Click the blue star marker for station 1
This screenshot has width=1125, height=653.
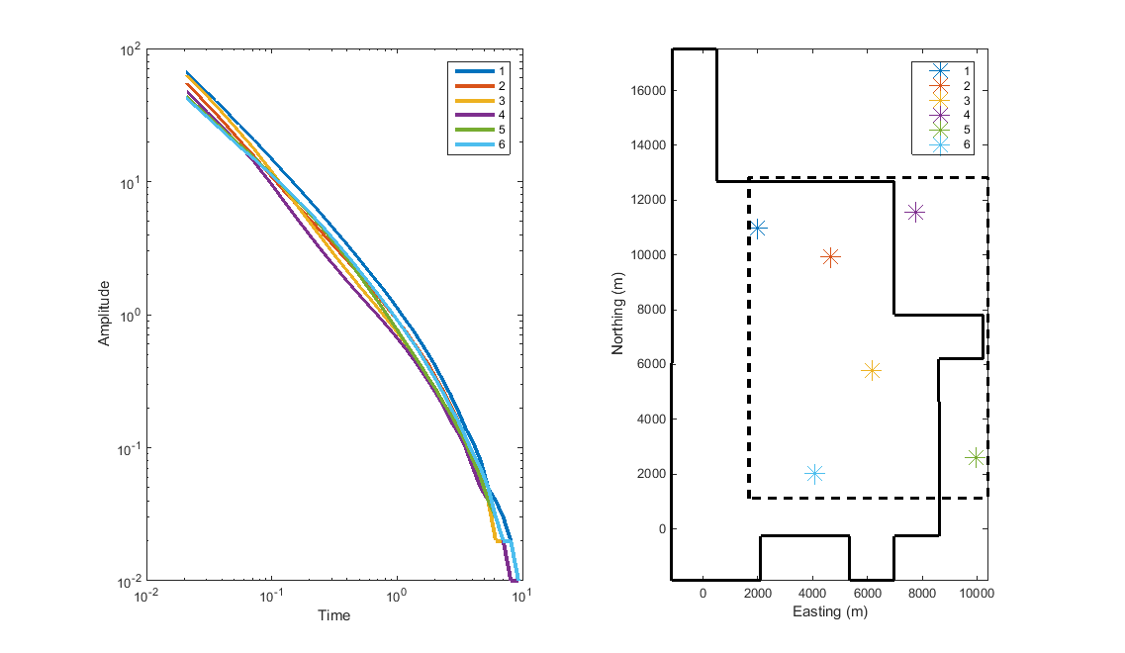[758, 229]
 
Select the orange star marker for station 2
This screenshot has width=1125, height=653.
[830, 257]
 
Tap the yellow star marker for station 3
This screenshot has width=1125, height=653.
[871, 371]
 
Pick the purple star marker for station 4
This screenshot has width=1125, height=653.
[915, 212]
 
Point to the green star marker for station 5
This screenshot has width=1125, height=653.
[976, 457]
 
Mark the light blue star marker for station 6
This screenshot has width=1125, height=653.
[814, 474]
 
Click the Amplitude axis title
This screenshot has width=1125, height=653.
[104, 314]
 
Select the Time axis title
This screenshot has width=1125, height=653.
[333, 615]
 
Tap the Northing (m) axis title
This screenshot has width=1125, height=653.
[618, 314]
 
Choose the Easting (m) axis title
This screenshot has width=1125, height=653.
[830, 612]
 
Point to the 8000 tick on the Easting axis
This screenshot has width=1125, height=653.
[922, 593]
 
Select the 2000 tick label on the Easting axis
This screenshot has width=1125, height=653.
[758, 593]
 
